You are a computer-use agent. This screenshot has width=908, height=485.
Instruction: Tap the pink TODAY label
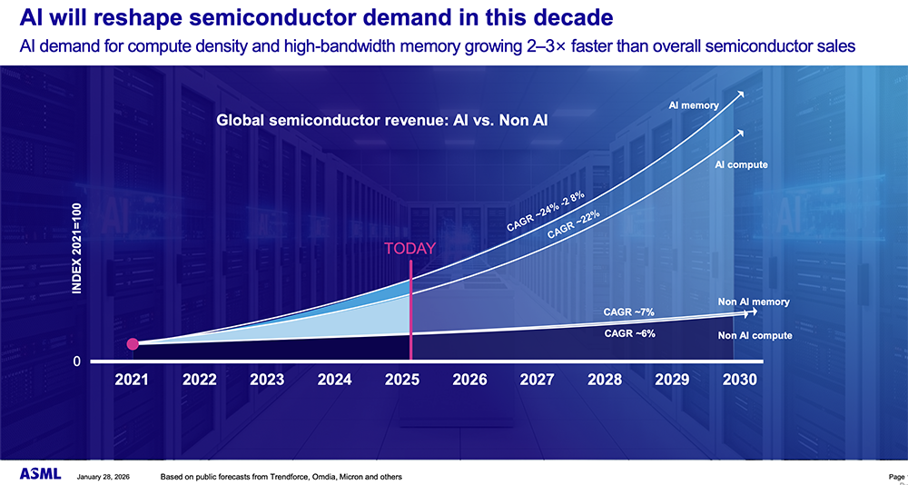[x=410, y=248]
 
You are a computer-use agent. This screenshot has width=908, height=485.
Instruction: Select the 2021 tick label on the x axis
[x=133, y=380]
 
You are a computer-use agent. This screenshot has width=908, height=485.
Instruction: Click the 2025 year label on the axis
[x=401, y=380]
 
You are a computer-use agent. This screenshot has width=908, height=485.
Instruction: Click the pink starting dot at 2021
[x=133, y=343]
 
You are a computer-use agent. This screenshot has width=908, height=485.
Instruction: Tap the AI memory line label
[x=694, y=105]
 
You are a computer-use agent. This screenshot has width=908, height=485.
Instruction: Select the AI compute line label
[x=741, y=164]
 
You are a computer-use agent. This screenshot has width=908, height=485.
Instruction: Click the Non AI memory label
[x=753, y=302]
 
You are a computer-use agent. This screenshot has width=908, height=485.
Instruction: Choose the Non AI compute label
[x=755, y=335]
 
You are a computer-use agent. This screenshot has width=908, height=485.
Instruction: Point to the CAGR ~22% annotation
[x=574, y=223]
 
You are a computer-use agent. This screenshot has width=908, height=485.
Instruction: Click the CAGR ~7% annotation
[x=629, y=312]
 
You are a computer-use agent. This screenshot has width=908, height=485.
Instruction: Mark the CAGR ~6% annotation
[x=629, y=333]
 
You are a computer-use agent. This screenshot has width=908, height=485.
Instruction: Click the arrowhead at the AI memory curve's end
[x=743, y=94]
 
